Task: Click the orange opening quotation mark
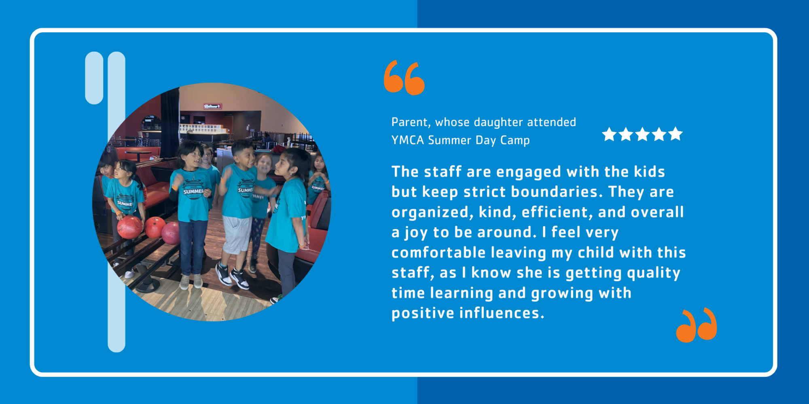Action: tap(404, 78)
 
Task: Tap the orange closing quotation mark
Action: tap(696, 325)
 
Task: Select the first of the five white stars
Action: tap(609, 134)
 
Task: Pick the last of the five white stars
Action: tap(675, 134)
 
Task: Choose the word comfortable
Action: tap(438, 253)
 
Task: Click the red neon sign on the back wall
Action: tap(212, 106)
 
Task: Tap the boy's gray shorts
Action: tap(237, 235)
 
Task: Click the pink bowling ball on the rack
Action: tap(171, 233)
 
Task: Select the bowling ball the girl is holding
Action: tap(129, 227)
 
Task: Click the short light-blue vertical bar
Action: tap(94, 78)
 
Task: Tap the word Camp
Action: tap(515, 141)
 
